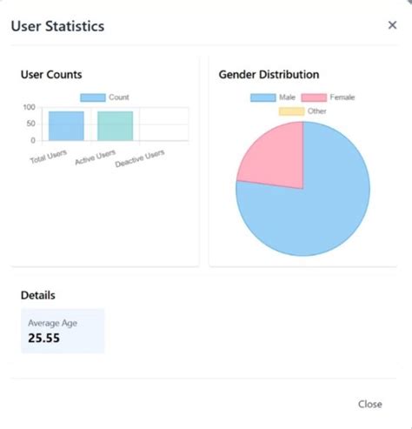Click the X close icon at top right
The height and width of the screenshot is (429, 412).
[392, 25]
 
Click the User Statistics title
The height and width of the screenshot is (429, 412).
[57, 26]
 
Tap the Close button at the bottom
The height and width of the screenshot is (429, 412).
[369, 404]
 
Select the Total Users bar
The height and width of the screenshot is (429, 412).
[66, 125]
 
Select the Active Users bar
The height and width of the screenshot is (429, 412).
[115, 125]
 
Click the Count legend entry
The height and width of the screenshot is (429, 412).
[105, 97]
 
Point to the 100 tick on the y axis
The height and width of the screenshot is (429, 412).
[30, 108]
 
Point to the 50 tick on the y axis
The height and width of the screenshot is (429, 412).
[31, 124]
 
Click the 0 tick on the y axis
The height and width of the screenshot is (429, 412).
[34, 140]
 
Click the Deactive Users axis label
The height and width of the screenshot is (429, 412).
[140, 159]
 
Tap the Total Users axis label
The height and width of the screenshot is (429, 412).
[49, 158]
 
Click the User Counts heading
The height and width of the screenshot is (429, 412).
[51, 75]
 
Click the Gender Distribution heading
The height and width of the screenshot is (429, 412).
[269, 75]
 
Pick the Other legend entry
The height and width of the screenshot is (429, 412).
[303, 111]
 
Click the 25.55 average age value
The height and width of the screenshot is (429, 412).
[43, 339]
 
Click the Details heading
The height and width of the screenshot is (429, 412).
[38, 296]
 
